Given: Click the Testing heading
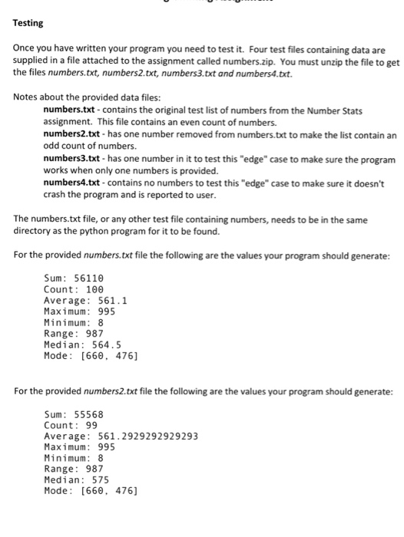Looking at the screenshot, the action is coord(28,24).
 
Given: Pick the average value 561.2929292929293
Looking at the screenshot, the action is coord(148,437).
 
